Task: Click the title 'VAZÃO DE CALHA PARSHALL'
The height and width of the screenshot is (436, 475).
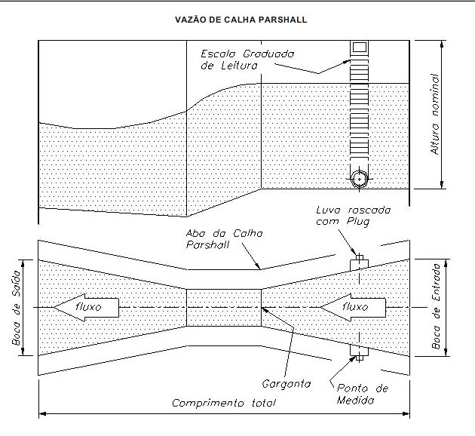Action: click(x=241, y=20)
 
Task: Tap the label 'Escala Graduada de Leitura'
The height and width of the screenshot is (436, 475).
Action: click(x=247, y=60)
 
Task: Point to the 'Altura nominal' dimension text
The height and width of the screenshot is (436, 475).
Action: click(x=435, y=114)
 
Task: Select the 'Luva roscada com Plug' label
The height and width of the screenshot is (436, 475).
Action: click(x=353, y=216)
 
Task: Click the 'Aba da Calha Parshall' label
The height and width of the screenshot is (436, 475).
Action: click(x=224, y=239)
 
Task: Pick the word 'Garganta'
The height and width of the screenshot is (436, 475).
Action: click(x=287, y=384)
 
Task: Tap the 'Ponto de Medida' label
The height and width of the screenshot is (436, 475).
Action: click(x=363, y=395)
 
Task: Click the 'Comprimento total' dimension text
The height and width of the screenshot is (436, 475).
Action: click(x=224, y=403)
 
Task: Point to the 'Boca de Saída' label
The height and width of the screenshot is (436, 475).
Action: click(x=16, y=308)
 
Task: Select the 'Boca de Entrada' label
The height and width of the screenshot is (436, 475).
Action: click(x=436, y=306)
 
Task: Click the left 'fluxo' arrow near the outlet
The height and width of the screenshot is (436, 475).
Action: click(x=87, y=307)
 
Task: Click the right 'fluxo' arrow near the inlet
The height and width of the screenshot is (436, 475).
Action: click(x=353, y=307)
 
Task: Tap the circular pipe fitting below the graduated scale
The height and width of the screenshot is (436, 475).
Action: click(x=360, y=179)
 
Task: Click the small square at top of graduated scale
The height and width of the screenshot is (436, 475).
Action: click(x=360, y=48)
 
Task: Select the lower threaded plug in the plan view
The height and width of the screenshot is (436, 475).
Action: click(x=360, y=352)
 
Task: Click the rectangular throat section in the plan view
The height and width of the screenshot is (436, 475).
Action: click(x=224, y=308)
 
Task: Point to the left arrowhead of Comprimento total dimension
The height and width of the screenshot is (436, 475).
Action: click(x=42, y=413)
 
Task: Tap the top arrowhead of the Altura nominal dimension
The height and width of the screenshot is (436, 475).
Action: click(x=442, y=44)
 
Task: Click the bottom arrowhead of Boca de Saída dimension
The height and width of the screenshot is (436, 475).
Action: click(x=23, y=352)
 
